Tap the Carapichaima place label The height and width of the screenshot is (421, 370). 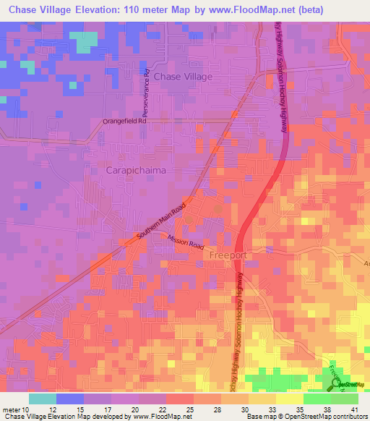137,170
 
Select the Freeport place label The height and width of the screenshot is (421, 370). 228,256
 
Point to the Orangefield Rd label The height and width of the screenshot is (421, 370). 124,122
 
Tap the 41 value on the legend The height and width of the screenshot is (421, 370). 354,409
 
